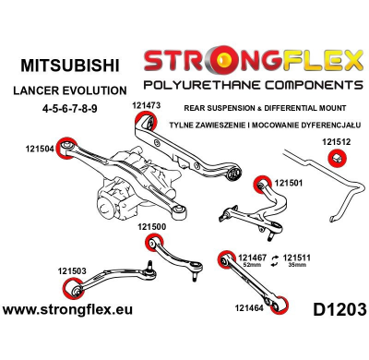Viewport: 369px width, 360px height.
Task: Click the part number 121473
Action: click(146, 106)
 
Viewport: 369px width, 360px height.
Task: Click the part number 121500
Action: click(152, 226)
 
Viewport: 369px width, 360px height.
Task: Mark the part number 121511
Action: click(297, 257)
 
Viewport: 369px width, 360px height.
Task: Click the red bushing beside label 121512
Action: click(337, 160)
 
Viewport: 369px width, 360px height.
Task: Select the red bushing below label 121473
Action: click(146, 120)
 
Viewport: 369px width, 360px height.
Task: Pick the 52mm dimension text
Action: click(251, 265)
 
